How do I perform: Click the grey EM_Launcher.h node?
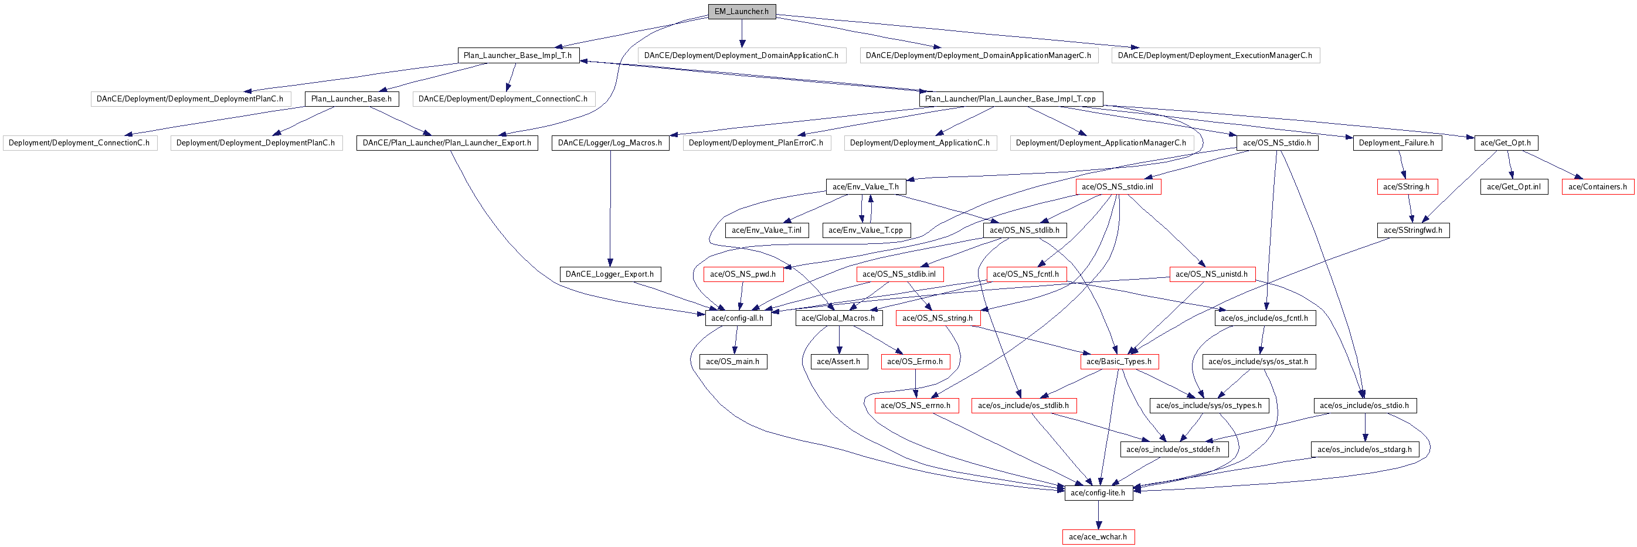[x=742, y=12]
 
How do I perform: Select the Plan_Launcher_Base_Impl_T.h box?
[x=518, y=55]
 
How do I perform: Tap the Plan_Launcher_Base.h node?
[x=351, y=99]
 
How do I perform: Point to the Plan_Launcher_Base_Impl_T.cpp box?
[x=1010, y=99]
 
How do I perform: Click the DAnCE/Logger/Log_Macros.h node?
[x=610, y=143]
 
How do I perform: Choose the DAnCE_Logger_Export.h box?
[x=610, y=274]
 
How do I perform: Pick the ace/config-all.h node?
[x=738, y=318]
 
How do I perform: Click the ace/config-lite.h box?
[x=1098, y=493]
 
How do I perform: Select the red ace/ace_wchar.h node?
[x=1098, y=537]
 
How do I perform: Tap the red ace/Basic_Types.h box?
[x=1119, y=362]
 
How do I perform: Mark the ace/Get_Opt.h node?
[x=1506, y=143]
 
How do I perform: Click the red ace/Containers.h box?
[x=1598, y=187]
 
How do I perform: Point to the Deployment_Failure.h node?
[x=1397, y=143]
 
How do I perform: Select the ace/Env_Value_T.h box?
[x=866, y=187]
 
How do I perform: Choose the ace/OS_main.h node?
[x=733, y=362]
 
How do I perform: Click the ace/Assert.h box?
[x=839, y=362]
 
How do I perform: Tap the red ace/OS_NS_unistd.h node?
[x=1212, y=274]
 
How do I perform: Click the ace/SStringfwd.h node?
[x=1413, y=230]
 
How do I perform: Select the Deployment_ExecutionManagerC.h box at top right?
[x=1215, y=55]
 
